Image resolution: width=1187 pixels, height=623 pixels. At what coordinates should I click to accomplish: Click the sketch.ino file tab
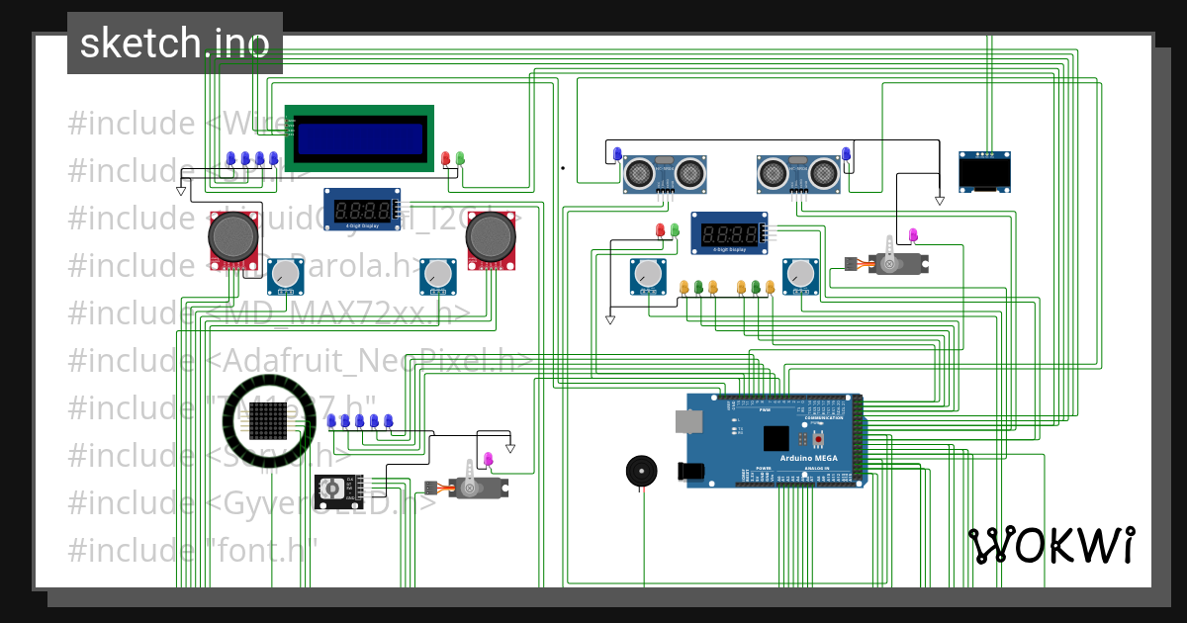(x=174, y=43)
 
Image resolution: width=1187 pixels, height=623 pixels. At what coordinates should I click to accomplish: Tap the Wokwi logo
(x=1050, y=545)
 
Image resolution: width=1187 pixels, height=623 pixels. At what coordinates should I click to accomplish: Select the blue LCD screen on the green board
(x=360, y=137)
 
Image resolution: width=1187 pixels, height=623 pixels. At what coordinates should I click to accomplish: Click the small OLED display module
(x=985, y=171)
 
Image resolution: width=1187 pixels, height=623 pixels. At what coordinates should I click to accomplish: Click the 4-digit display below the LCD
(x=362, y=209)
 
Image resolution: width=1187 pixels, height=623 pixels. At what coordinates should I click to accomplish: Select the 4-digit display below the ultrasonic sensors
(x=729, y=233)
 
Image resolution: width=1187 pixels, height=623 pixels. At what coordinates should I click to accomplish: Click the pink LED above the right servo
(x=913, y=235)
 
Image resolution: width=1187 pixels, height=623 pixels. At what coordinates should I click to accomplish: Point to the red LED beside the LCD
(x=445, y=158)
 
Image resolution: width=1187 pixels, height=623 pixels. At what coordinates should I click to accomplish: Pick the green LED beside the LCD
(x=460, y=158)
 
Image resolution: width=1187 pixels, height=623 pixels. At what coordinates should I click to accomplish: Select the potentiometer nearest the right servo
(x=801, y=276)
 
